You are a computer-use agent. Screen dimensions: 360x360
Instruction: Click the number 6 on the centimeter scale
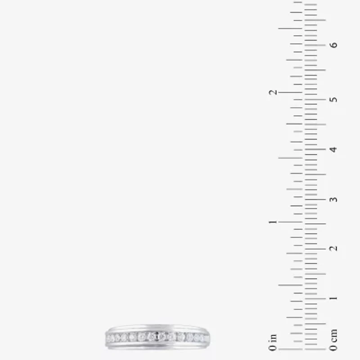[333, 45]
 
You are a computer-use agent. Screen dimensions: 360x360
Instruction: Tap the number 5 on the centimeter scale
[333, 99]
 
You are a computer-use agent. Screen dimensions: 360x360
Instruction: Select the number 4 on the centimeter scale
[333, 150]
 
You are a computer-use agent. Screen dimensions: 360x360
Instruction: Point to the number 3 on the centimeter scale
[333, 199]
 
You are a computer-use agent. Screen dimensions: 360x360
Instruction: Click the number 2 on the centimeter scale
[333, 248]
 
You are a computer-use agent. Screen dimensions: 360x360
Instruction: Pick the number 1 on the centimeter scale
[333, 298]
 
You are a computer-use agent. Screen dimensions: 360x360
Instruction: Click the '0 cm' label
[333, 340]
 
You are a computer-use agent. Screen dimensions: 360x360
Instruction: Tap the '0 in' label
[273, 342]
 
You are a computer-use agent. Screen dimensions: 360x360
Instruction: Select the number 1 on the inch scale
[273, 222]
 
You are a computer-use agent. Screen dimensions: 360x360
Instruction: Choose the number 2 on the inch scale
[273, 92]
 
